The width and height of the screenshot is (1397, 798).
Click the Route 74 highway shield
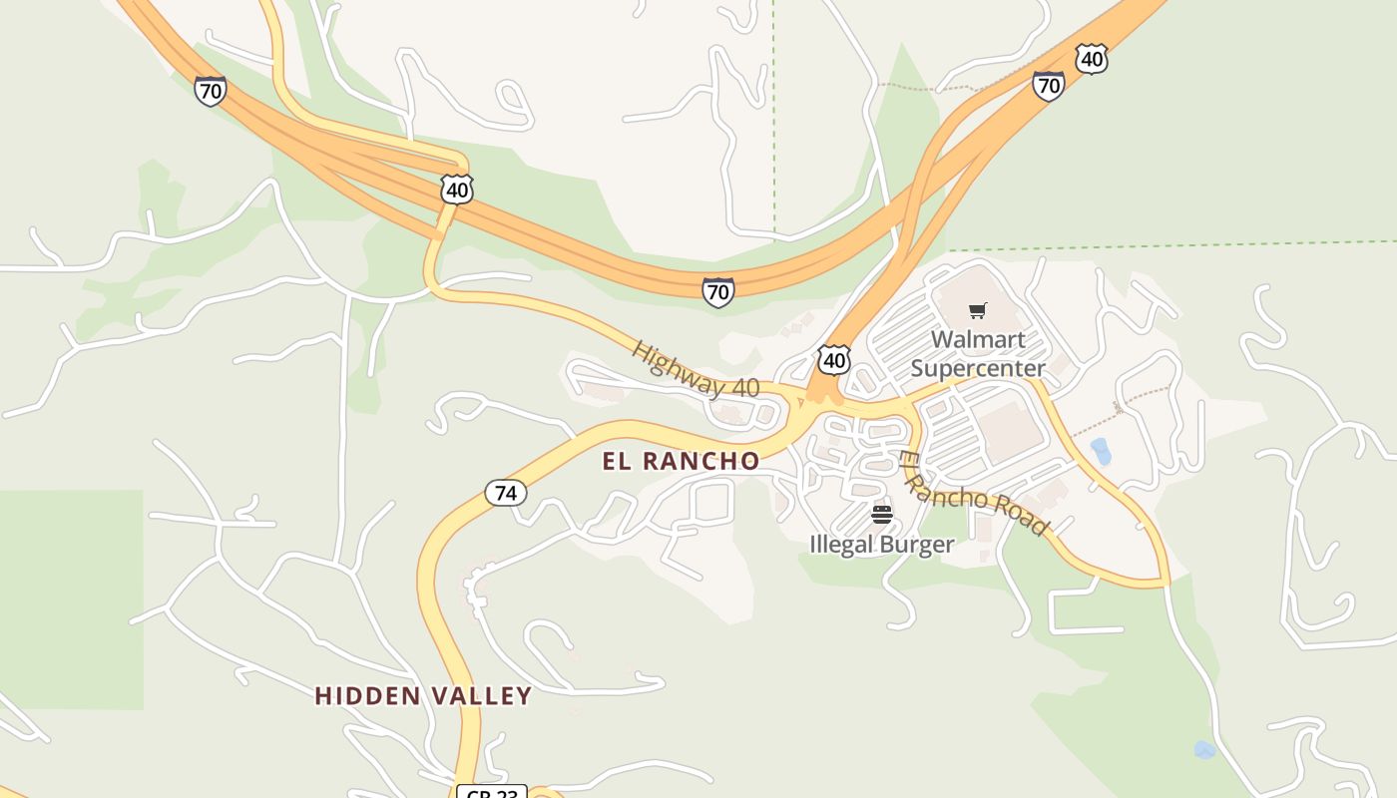[x=506, y=493]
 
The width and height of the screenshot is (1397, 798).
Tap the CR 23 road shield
[x=491, y=792]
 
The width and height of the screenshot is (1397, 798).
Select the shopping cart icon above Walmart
[x=978, y=310]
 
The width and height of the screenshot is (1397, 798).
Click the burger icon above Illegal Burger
[x=881, y=515]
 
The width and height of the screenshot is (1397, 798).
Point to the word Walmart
[x=978, y=339]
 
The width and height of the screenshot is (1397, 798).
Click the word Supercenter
[x=978, y=368]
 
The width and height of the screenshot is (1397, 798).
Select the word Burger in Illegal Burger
[x=918, y=545]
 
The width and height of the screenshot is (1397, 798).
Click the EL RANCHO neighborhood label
[x=681, y=461]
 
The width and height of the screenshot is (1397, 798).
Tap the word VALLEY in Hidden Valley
[x=482, y=696]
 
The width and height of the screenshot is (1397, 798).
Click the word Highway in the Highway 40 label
[x=675, y=365]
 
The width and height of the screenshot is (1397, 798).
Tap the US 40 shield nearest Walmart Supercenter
[x=834, y=359]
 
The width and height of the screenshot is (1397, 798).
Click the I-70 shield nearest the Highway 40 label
[x=717, y=292]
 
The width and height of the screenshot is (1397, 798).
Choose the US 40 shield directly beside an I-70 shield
[x=1092, y=60]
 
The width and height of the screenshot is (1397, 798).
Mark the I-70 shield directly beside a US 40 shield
[x=1048, y=86]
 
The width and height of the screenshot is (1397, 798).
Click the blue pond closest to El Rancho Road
[x=1101, y=452]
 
